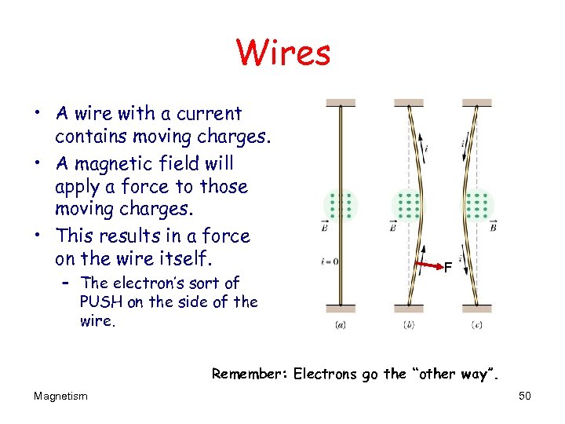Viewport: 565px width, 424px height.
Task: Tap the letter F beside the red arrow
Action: point(447,269)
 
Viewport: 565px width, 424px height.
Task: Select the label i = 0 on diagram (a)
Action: point(330,261)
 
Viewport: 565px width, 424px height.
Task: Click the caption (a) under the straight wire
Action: point(341,325)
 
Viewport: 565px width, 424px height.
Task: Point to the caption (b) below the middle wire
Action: point(409,325)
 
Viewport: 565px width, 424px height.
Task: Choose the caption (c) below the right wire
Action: point(476,325)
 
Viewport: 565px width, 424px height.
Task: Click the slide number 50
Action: point(525,396)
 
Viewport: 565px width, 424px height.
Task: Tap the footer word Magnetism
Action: point(60,396)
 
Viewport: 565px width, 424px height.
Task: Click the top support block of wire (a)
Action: point(341,103)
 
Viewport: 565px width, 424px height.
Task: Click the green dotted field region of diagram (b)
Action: point(408,206)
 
